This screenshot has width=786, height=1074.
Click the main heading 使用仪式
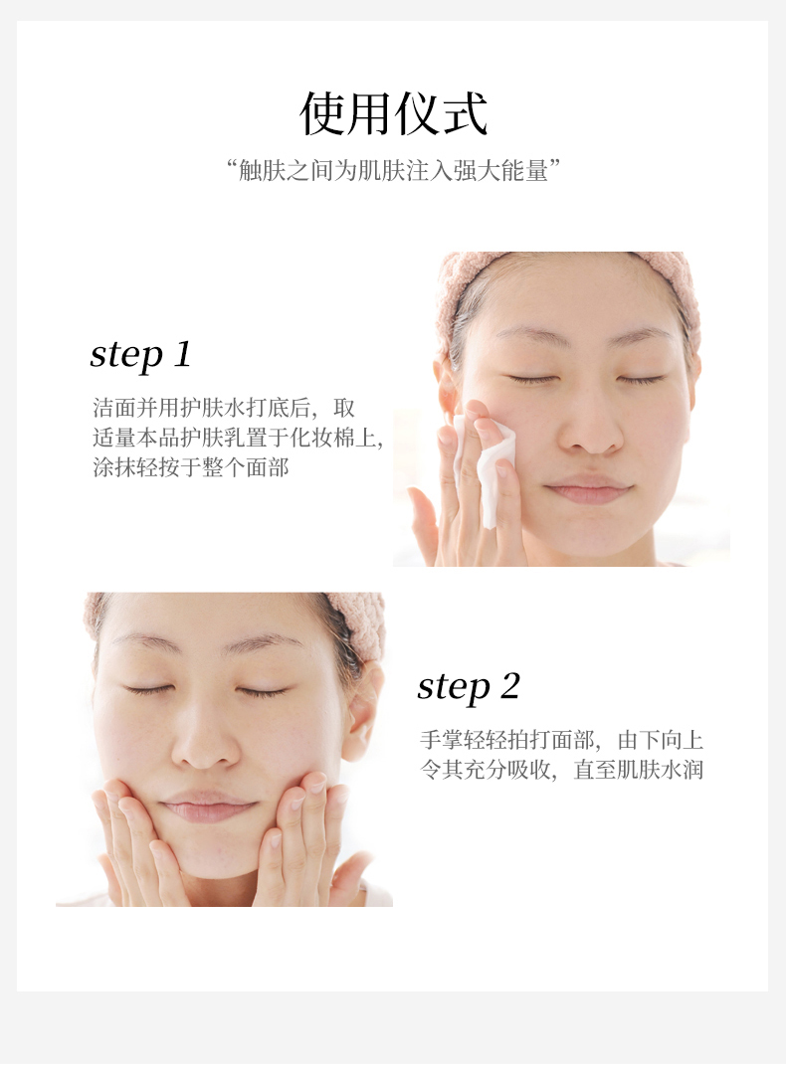(393, 113)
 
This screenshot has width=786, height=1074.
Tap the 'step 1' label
(141, 355)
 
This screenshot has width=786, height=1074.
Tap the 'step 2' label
(469, 687)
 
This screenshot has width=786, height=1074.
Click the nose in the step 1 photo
(590, 428)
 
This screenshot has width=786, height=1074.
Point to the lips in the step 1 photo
(589, 489)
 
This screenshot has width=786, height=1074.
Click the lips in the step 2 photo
(208, 805)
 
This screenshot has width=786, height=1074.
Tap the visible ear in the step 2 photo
(360, 712)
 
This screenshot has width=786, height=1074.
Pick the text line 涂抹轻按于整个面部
(191, 467)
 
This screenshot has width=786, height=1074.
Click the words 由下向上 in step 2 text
(661, 740)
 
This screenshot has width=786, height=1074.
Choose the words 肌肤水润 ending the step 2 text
(661, 770)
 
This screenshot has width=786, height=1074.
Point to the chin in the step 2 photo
(209, 856)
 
